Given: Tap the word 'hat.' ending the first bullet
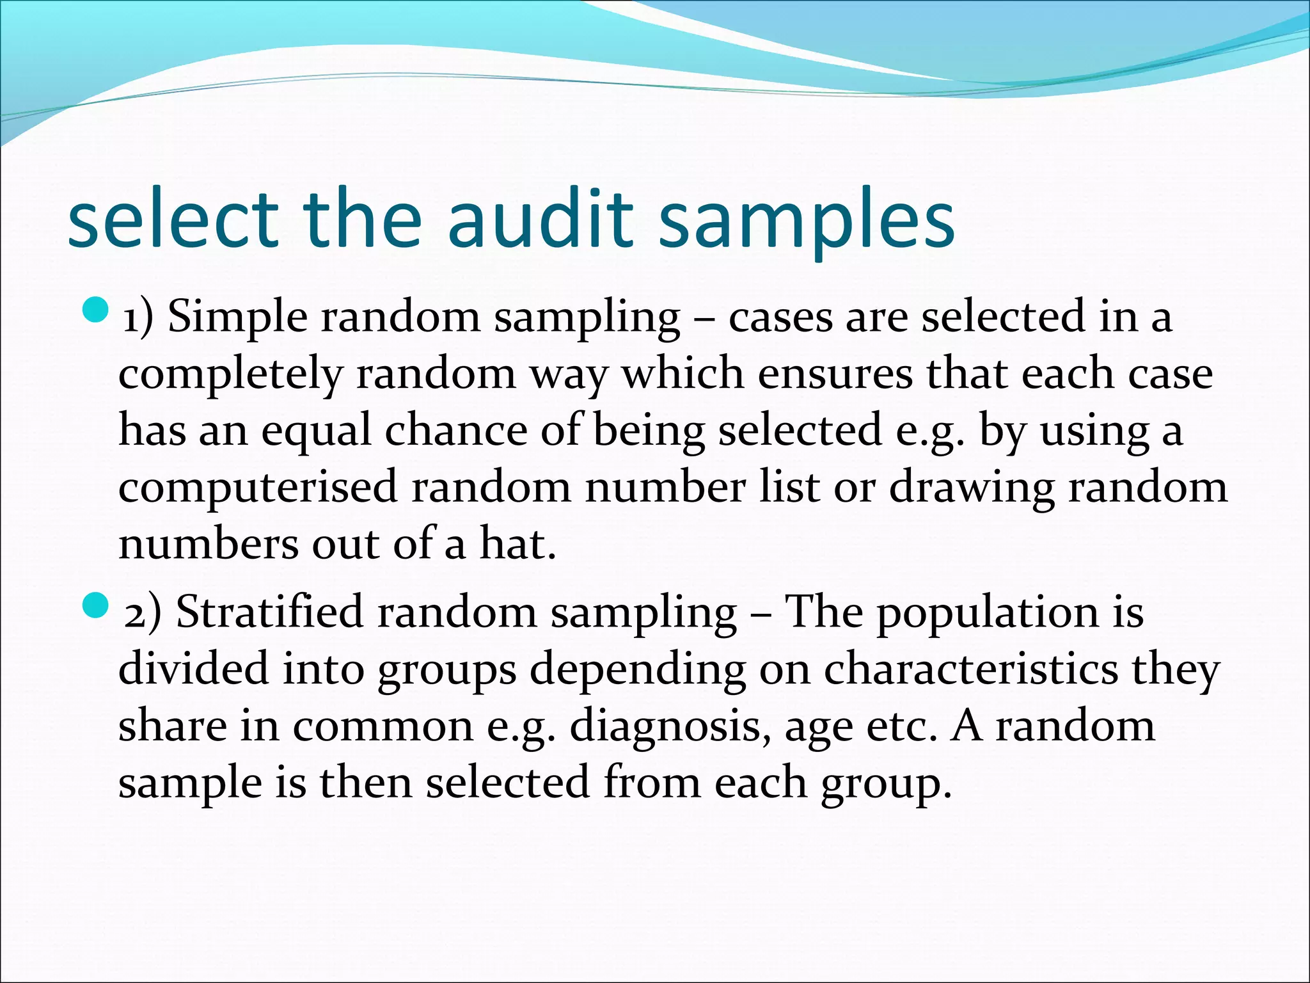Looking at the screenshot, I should point(517,544).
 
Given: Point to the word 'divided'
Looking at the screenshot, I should point(193,669).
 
